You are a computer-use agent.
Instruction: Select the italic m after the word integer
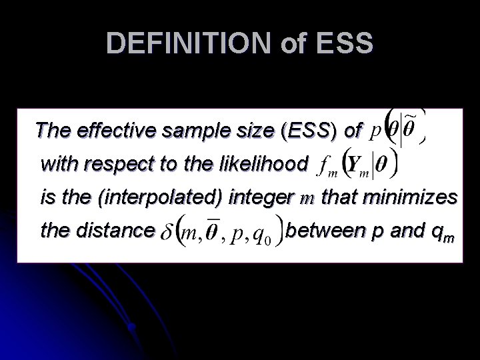pos(309,198)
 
